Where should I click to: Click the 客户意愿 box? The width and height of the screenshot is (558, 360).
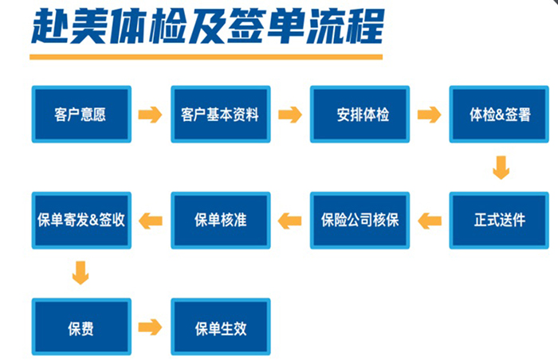tap(81, 114)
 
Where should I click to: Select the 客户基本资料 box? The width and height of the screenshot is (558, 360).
tap(221, 114)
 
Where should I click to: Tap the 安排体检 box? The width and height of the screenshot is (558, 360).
tap(360, 114)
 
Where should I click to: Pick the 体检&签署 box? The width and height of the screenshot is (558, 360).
tap(499, 114)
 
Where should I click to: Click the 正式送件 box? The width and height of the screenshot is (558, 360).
tap(499, 220)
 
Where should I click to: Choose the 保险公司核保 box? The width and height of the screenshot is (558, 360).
tap(360, 220)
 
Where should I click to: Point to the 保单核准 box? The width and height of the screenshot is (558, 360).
tap(221, 220)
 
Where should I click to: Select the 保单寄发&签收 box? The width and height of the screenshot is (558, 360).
tap(81, 220)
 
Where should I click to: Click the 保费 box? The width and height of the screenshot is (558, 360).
tap(81, 327)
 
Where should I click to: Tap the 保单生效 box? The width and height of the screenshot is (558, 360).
tap(221, 327)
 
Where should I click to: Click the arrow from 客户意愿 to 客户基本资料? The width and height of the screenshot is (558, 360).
tap(150, 115)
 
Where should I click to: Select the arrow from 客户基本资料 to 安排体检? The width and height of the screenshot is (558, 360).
tap(290, 115)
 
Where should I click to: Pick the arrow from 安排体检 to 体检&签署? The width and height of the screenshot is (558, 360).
tap(429, 115)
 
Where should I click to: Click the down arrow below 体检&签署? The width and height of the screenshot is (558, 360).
tap(501, 167)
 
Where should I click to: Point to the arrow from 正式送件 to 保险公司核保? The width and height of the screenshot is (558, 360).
tap(430, 221)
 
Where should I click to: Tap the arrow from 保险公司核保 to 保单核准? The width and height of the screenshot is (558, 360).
tap(289, 221)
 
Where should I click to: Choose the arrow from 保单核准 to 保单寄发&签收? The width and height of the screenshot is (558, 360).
tap(151, 221)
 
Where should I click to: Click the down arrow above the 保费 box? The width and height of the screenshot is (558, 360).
tap(81, 273)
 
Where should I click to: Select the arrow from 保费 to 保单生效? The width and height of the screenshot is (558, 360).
tap(150, 327)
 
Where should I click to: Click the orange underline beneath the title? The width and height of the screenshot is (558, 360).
tap(206, 57)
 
